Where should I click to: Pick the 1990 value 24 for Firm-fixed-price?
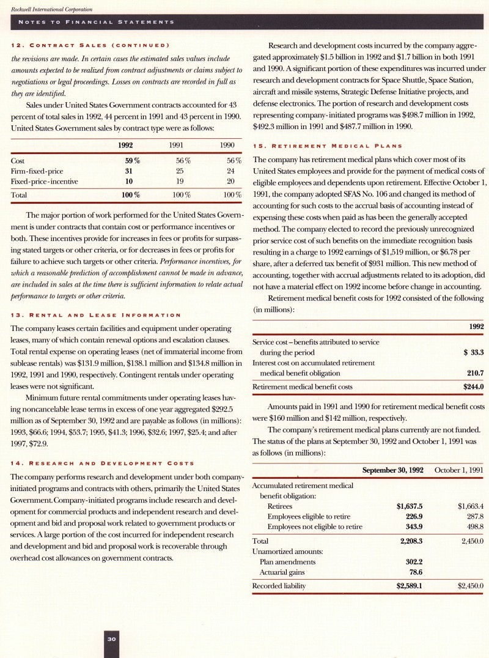tap(230, 171)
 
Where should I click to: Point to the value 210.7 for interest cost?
tap(475, 372)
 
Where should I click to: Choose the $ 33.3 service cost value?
tap(471, 352)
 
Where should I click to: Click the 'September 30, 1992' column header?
tap(393, 469)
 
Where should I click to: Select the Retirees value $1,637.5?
tap(410, 506)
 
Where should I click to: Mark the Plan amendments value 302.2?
tap(415, 561)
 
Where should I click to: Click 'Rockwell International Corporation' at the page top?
tap(48, 10)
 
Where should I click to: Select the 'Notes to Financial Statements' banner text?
tap(97, 22)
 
